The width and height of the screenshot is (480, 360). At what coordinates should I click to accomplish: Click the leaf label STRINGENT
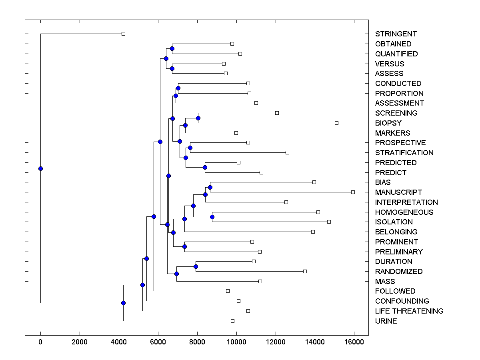point(396,34)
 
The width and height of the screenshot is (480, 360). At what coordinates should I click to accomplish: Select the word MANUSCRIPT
point(398,192)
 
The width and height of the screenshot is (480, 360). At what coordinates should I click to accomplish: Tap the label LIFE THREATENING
point(409,311)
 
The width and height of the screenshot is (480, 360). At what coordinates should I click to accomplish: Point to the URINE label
point(386,321)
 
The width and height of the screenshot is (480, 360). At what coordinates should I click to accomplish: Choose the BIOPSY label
point(388,123)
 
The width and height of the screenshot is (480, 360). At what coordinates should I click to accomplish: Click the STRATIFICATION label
point(404,153)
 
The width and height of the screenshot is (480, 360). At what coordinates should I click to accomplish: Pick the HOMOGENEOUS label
point(404,212)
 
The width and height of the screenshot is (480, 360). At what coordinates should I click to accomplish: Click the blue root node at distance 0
point(40,168)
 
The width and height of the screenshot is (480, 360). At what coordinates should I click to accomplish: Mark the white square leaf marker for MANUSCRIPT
point(353,192)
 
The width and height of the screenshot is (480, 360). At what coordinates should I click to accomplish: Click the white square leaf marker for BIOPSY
point(336,123)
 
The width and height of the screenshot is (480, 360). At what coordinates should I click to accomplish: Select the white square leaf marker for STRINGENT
point(123,34)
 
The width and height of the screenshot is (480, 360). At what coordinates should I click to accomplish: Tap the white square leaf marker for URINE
point(232,321)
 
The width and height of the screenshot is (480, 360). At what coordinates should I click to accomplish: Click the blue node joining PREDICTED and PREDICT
point(205,167)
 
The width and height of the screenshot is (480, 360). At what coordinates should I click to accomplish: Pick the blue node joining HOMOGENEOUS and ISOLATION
point(212,217)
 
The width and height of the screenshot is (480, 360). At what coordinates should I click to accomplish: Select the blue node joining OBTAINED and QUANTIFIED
point(172,48)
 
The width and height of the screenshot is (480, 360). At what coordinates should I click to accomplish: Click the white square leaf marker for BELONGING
point(313,232)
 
